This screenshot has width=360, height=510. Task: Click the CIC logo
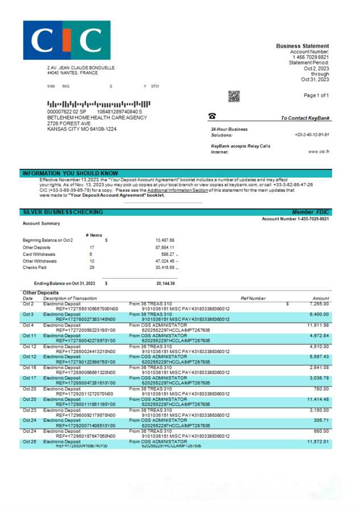pos(67,40)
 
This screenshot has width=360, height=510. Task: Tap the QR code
pos(234,96)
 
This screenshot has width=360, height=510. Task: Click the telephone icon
pos(212,116)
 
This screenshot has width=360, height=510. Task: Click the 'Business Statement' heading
pos(302,46)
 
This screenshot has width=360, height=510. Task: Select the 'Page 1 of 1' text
pos(316,95)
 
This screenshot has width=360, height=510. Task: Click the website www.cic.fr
pos(318,152)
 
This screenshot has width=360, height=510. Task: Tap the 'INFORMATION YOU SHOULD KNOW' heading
pos(71,173)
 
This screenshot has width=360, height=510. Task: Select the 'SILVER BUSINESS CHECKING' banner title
pos(63,212)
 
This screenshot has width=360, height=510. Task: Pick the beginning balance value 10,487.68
pos(164,240)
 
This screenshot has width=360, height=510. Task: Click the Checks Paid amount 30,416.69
pos(164,267)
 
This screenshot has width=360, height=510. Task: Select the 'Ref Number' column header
pos(253,298)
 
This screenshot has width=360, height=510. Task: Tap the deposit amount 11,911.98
pos(318,325)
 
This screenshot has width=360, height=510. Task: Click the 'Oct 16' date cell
pos(29,367)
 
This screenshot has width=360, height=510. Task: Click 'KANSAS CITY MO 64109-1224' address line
pos(82,129)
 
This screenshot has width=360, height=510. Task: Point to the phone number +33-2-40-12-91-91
pos(312,135)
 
